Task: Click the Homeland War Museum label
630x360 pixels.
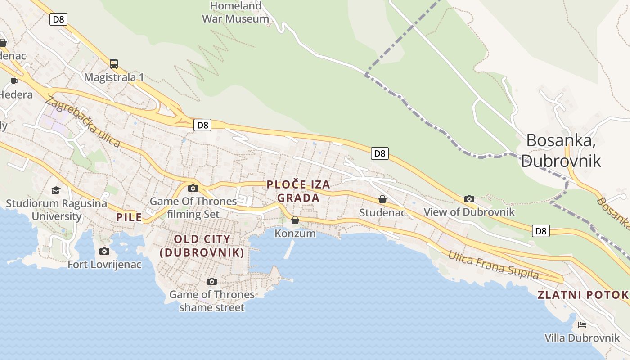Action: pyautogui.click(x=235, y=12)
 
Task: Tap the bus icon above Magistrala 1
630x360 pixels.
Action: pyautogui.click(x=114, y=64)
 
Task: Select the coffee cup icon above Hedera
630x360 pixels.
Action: pyautogui.click(x=14, y=81)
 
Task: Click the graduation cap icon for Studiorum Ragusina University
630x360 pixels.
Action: pyautogui.click(x=56, y=190)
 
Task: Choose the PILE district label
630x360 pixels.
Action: pyautogui.click(x=129, y=217)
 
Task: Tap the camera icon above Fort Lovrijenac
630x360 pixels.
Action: pyautogui.click(x=104, y=251)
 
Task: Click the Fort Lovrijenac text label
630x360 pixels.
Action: pyautogui.click(x=104, y=264)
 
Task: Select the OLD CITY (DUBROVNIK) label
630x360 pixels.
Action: pyautogui.click(x=202, y=246)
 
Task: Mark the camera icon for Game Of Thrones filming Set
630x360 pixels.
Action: pyautogui.click(x=193, y=188)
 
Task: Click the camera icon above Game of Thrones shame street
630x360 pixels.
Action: pyautogui.click(x=212, y=282)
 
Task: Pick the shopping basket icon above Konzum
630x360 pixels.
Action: pyautogui.click(x=295, y=220)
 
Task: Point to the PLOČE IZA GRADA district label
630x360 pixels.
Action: pyautogui.click(x=298, y=191)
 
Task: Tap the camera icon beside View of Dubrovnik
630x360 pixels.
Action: pyautogui.click(x=469, y=199)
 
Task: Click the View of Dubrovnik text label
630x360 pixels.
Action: pyautogui.click(x=469, y=212)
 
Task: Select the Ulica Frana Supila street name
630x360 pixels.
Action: pyautogui.click(x=493, y=265)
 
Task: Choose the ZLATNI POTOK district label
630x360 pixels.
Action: pyautogui.click(x=583, y=295)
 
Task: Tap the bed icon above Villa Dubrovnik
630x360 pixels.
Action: pyautogui.click(x=582, y=325)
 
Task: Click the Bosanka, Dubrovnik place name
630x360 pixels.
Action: pyautogui.click(x=561, y=150)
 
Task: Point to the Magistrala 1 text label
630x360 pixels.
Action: pyautogui.click(x=114, y=77)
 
